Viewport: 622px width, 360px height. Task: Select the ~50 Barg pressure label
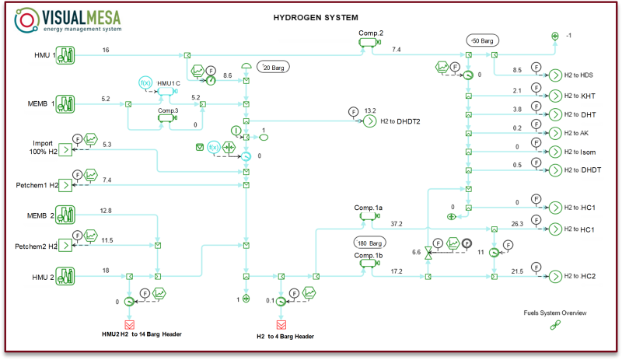tap(483, 40)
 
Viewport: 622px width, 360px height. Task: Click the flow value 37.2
tap(397, 224)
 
